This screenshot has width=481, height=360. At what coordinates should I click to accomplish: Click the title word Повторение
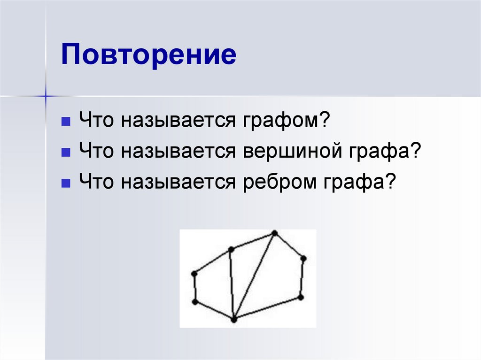[148, 55]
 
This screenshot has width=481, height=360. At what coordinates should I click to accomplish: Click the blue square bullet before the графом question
[66, 123]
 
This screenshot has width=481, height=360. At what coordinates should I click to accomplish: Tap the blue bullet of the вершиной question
[66, 152]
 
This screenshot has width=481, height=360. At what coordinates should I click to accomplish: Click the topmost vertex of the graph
[275, 233]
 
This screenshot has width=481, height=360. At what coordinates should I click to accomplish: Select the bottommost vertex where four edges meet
[234, 320]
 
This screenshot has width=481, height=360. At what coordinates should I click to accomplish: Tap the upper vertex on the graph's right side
[303, 258]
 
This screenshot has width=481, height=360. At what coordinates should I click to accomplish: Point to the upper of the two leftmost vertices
[194, 273]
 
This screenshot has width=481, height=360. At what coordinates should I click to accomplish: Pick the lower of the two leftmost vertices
[195, 302]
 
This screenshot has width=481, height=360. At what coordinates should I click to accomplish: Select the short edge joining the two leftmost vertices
[194, 287]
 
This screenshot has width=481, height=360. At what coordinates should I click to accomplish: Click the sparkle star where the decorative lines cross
[46, 96]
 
